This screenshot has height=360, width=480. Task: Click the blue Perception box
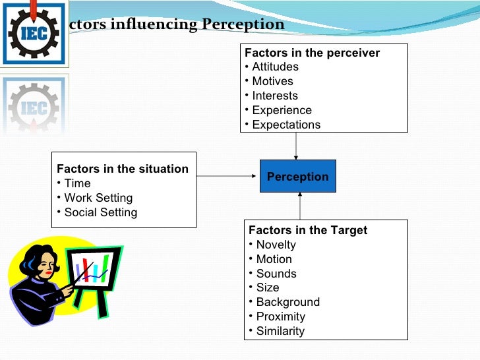297,177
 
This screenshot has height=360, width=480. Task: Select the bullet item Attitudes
275,67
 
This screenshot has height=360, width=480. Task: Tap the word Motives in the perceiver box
272,81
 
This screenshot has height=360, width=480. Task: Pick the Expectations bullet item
286,125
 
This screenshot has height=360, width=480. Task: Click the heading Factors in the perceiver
312,53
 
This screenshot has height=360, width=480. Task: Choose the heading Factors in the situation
123,169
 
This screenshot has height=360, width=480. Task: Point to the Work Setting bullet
98,198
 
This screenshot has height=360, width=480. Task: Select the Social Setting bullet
100,212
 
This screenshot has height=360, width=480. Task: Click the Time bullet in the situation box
77,183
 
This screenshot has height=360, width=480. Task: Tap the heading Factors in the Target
308,230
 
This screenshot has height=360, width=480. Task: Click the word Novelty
276,245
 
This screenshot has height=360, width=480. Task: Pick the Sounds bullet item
276,274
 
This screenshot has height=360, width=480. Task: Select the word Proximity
280,316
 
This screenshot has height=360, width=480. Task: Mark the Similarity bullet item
280,331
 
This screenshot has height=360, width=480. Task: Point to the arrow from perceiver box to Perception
296,146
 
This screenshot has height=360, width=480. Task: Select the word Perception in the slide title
243,25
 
